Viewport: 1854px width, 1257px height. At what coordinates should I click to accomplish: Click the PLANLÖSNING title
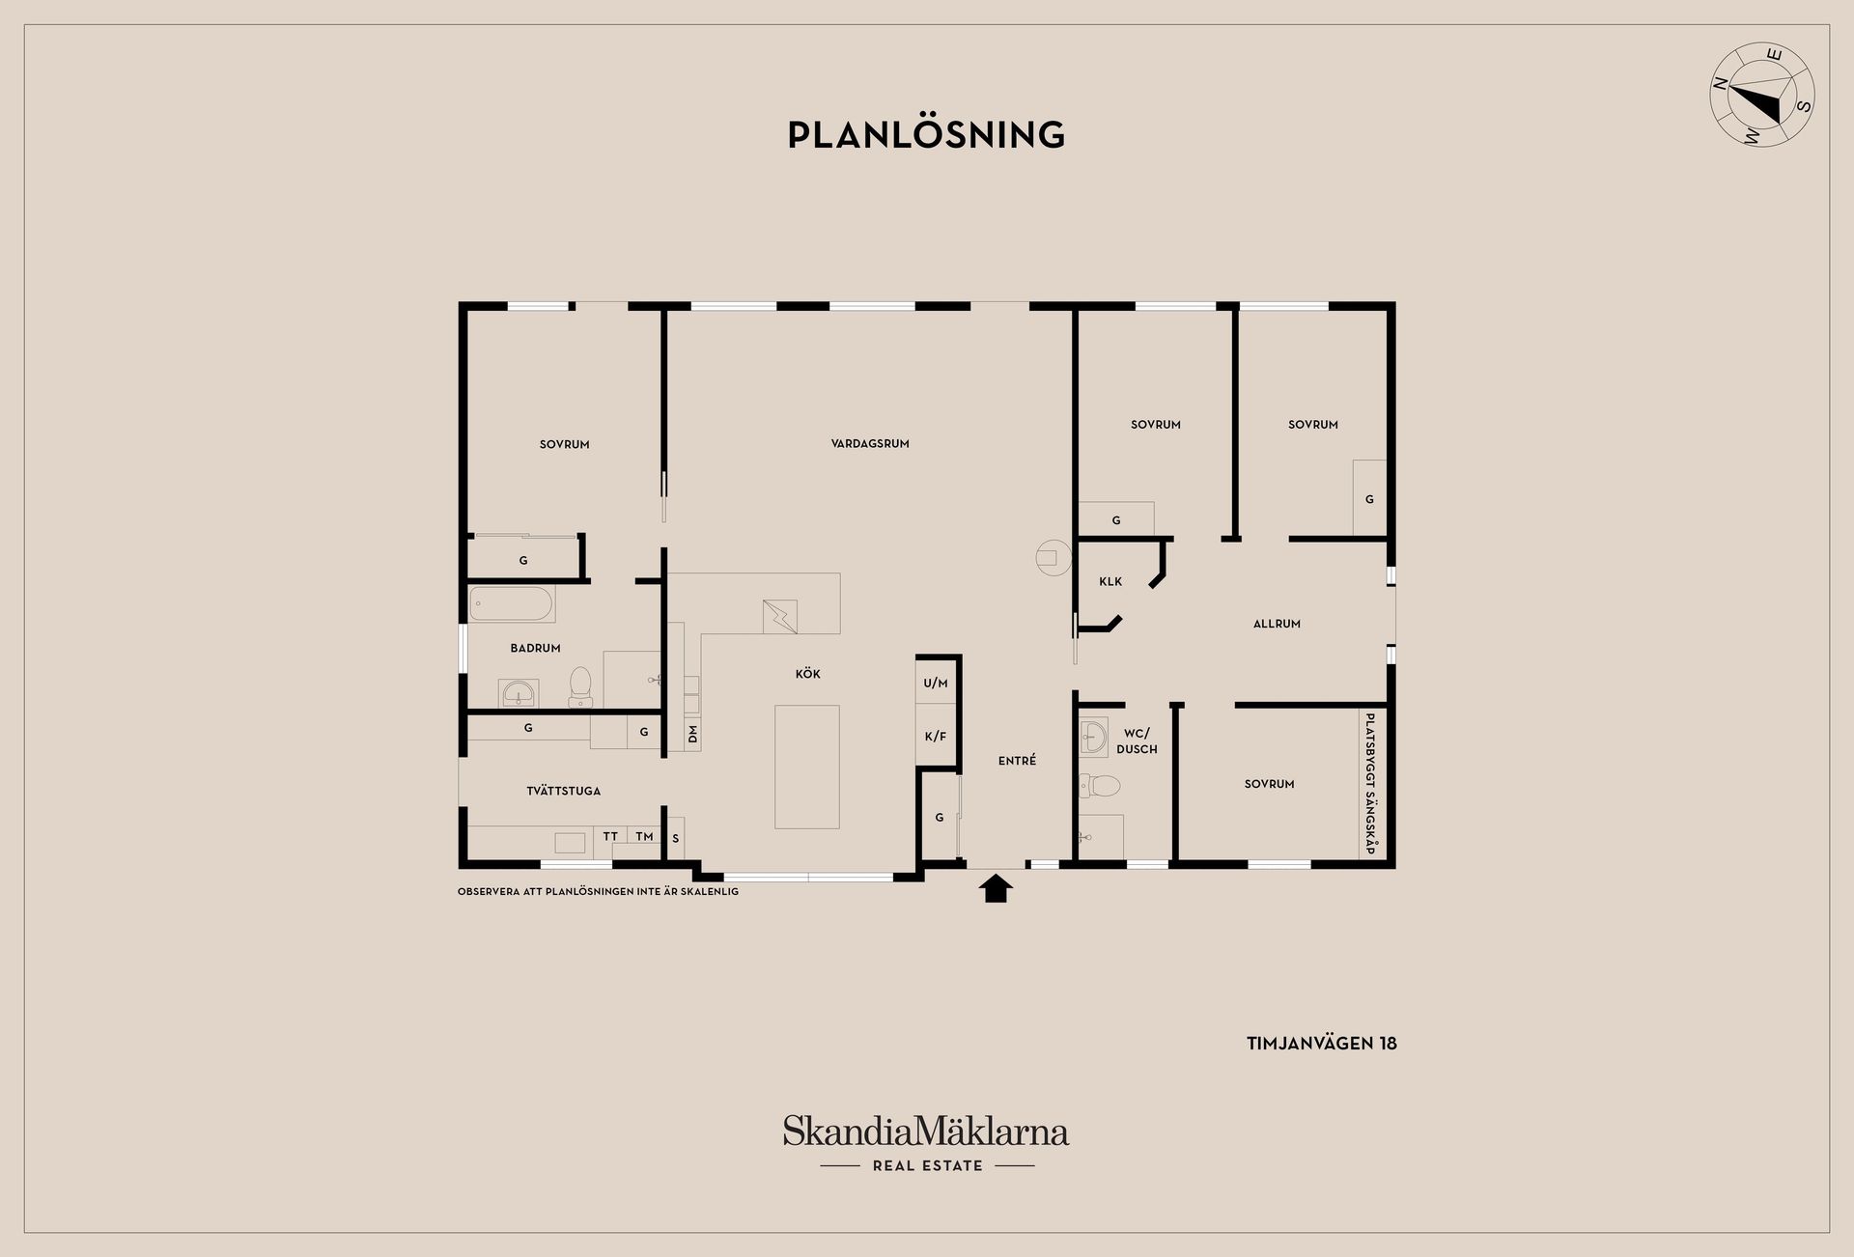926,135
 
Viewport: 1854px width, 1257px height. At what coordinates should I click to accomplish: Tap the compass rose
1762,108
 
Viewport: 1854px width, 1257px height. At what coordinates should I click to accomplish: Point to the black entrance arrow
996,886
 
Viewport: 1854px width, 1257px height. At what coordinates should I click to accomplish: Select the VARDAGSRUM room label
870,444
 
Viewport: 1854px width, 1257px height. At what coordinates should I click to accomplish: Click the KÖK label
808,674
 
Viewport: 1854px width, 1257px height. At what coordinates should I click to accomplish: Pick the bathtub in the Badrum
512,604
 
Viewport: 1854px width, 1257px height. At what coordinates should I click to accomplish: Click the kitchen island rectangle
807,767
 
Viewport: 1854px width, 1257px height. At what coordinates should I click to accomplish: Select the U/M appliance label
936,684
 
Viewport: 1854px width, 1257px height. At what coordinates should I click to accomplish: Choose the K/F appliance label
936,737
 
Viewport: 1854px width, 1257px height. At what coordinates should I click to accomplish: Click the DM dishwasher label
692,736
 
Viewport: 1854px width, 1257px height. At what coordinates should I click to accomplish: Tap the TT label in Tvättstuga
610,836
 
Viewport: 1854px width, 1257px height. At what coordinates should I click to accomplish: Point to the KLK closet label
1110,581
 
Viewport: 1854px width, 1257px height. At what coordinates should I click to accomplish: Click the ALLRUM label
1277,624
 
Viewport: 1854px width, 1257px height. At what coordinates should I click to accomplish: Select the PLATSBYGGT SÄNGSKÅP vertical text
1370,783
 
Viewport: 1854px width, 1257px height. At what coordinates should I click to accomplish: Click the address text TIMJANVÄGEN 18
1322,1044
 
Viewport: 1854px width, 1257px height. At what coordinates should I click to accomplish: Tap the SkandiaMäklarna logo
926,1143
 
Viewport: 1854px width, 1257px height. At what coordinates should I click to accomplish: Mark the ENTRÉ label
1017,761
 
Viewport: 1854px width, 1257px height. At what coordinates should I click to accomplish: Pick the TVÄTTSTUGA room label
564,791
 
